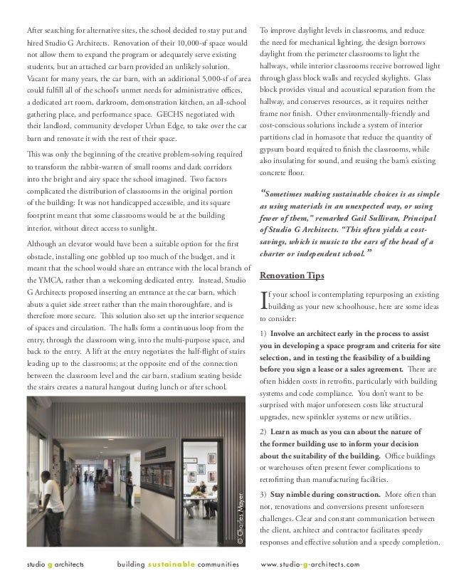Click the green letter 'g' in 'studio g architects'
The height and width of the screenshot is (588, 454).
pos(49,564)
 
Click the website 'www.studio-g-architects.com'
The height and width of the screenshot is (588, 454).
pos(310,564)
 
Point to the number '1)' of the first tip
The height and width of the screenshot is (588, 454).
pos(263,332)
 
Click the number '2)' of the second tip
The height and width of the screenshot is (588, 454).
pos(263,431)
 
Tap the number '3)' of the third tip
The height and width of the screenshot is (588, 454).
pos(263,494)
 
